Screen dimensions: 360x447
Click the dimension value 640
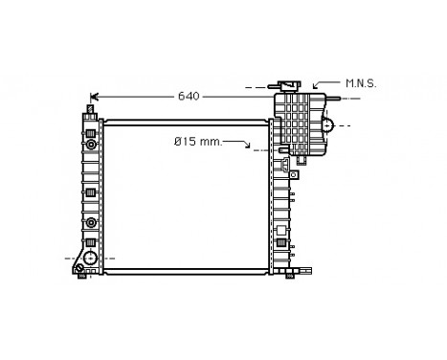[x=189, y=96]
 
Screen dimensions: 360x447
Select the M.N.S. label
[x=360, y=84]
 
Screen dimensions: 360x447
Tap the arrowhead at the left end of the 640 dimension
[x=94, y=96]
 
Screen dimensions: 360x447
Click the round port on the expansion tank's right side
[x=326, y=124]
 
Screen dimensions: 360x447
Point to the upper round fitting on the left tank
[x=90, y=143]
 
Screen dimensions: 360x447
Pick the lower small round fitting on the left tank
[x=90, y=223]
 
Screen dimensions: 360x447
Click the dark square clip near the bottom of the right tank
[x=280, y=243]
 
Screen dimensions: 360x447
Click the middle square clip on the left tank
[x=90, y=193]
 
